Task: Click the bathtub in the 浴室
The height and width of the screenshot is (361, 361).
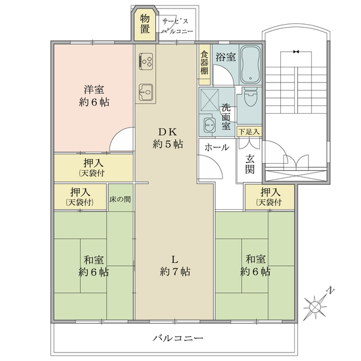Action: [250, 64]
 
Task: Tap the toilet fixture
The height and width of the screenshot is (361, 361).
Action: [250, 97]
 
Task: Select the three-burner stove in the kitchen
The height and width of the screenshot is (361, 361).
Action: [146, 61]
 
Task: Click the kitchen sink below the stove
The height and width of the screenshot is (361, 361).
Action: [146, 92]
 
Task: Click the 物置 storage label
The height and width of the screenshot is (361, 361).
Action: [145, 23]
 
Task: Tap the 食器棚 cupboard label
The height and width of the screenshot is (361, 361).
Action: [205, 63]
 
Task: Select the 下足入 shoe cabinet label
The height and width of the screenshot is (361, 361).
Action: [249, 132]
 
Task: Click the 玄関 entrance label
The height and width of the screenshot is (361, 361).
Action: [250, 164]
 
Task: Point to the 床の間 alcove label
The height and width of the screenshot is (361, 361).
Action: [120, 199]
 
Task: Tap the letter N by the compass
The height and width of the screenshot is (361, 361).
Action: [330, 291]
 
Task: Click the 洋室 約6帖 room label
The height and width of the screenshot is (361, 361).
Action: [94, 96]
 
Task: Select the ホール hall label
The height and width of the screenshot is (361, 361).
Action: [217, 147]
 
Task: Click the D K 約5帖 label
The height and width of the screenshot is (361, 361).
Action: [168, 138]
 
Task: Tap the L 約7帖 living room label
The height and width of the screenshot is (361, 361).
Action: [175, 266]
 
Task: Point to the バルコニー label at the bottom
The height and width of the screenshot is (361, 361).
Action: [179, 338]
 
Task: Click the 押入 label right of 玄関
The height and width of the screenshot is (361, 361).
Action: [270, 197]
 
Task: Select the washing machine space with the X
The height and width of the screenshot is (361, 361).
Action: [209, 100]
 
